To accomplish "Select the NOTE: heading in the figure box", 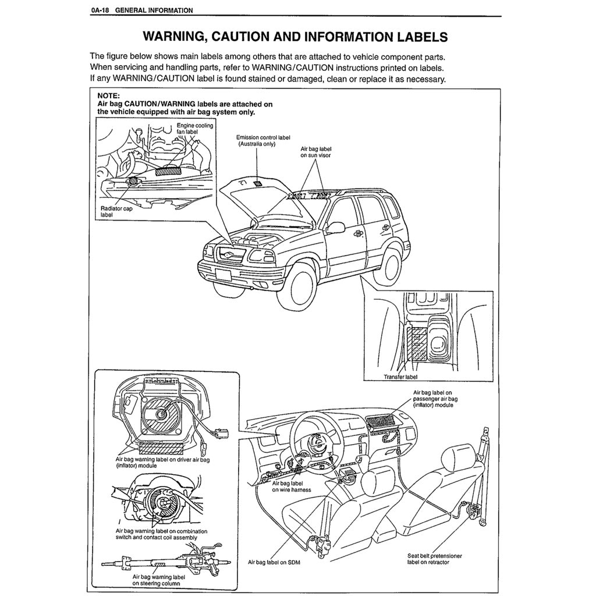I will (108, 97).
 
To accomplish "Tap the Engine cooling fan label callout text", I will (194, 129).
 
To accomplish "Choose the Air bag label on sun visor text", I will (315, 152).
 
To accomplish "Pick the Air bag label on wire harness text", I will (291, 486).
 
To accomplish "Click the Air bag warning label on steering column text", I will (155, 580).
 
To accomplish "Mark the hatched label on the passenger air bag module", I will (381, 418).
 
